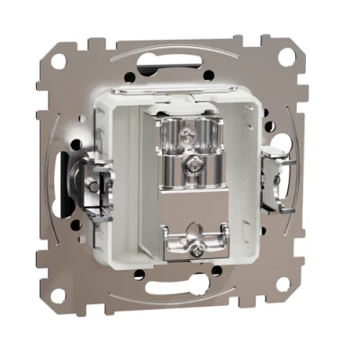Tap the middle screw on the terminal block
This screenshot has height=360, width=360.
[x=193, y=166]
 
